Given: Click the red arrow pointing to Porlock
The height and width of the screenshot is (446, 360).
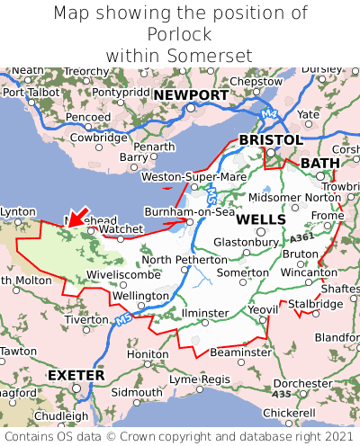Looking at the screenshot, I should click(78, 216).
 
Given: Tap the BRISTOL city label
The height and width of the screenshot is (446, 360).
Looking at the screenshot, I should click(270, 140).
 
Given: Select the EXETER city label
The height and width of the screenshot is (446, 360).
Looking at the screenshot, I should click(76, 374).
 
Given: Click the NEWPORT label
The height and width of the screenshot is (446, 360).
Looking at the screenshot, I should click(191, 94).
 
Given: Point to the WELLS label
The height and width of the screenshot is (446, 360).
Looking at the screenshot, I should click(261, 219).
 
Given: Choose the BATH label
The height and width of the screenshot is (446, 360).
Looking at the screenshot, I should click(320, 163).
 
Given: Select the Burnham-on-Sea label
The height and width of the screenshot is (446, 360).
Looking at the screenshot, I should click(190, 212).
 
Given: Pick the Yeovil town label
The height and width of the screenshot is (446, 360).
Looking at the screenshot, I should click(263, 310).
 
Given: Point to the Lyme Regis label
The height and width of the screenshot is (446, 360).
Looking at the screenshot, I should click(201, 379).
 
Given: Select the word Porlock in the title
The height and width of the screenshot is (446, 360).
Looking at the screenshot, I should click(179, 34).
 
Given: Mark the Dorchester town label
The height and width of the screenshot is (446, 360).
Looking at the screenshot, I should click(302, 383).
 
